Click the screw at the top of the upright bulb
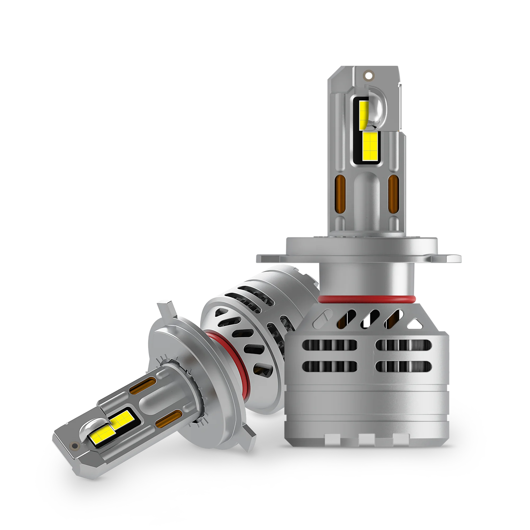[368, 75]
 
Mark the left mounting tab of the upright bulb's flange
[264, 258]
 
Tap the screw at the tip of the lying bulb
[73, 445]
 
